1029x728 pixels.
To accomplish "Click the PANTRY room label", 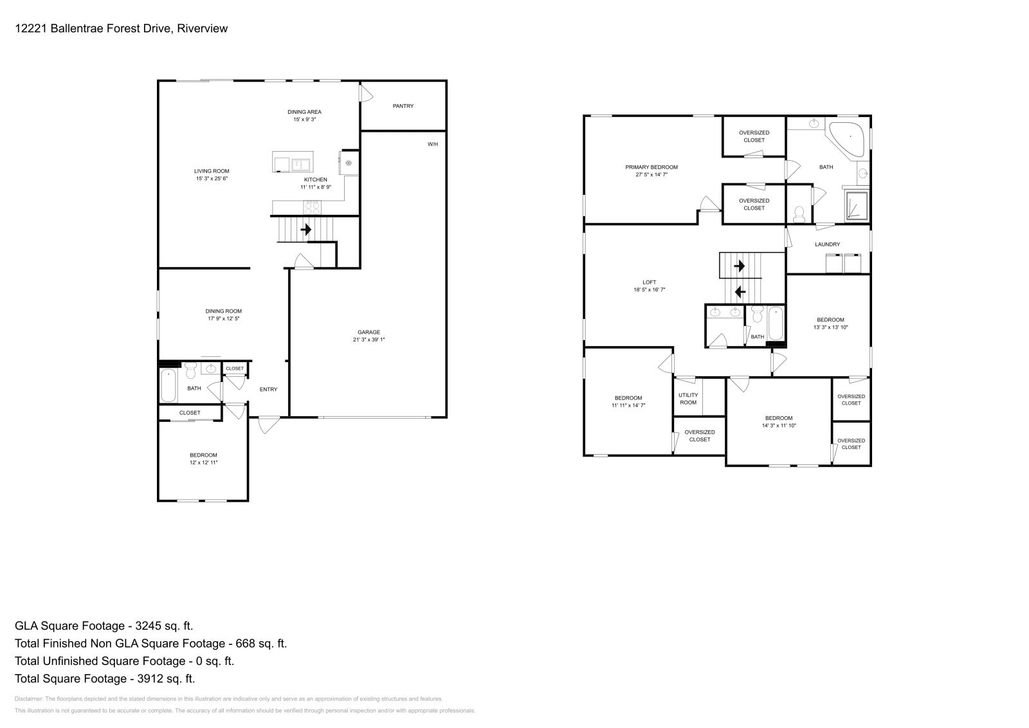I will point(403,106).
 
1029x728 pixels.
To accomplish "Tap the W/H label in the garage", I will point(433,144).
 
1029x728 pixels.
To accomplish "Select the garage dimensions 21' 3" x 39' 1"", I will point(369,340).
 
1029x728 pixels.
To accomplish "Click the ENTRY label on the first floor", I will point(268,389).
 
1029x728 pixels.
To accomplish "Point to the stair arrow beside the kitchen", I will point(306,229).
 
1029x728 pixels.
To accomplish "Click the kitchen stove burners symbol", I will point(312,207).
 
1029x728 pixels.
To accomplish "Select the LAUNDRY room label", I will point(827,244).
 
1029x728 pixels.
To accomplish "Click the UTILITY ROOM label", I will point(688,399).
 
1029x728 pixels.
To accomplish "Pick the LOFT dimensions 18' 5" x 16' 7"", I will point(650,289).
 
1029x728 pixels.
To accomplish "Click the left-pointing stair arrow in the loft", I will point(740,291).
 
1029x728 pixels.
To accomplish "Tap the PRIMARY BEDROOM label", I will point(651,167).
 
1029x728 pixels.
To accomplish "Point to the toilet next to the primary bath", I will point(799,214).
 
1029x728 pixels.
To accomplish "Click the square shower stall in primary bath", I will point(856,206).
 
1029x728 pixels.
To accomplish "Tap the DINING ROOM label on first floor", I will point(224,311).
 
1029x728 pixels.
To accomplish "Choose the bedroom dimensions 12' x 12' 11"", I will point(203,462).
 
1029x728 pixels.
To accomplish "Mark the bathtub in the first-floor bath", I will point(168,385).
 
